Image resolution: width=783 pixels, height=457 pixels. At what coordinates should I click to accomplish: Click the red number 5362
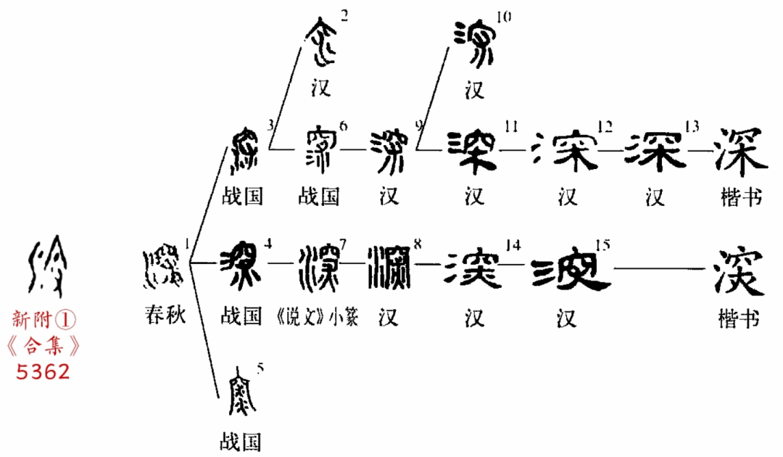click(x=45, y=371)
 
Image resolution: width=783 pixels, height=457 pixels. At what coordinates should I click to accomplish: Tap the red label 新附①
click(x=45, y=319)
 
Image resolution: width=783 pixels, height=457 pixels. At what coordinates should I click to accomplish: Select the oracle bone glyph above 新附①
click(x=45, y=265)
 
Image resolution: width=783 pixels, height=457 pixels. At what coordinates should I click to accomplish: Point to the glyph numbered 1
click(x=164, y=265)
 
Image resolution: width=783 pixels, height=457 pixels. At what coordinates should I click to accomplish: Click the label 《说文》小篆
click(x=318, y=317)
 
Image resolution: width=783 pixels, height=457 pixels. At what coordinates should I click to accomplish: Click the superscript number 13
click(x=691, y=127)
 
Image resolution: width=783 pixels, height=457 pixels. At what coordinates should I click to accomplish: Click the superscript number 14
click(x=513, y=245)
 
